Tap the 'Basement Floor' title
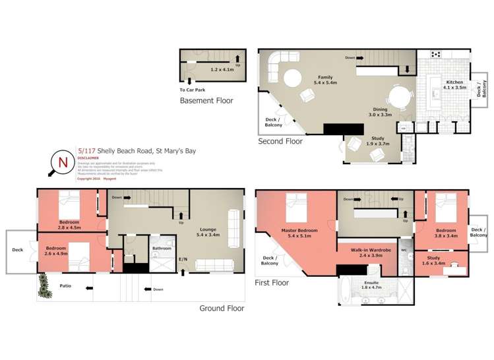(x=206, y=101)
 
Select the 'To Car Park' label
(x=192, y=90)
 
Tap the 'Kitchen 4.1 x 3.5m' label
(x=454, y=84)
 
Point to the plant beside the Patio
(x=44, y=285)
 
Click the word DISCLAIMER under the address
(x=88, y=158)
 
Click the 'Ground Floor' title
(x=222, y=308)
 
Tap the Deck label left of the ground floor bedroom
(x=17, y=250)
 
